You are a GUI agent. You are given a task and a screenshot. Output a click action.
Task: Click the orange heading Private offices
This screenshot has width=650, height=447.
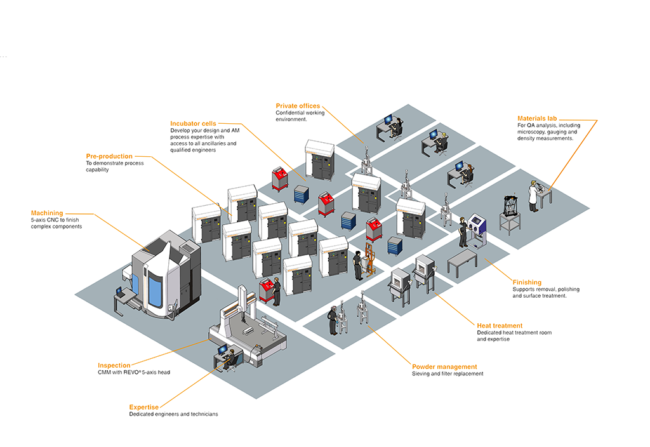298,106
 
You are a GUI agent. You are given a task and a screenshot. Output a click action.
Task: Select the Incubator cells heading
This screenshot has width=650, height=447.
193,124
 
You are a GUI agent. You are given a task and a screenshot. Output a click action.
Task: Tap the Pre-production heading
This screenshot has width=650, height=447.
109,156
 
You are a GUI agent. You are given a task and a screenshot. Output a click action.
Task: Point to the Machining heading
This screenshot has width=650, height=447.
47,213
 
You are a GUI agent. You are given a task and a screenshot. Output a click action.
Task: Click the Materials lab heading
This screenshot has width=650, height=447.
537,119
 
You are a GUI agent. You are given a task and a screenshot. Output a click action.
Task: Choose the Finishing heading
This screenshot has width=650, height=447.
527,283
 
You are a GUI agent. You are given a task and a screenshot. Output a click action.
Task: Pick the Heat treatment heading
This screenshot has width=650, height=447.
500,326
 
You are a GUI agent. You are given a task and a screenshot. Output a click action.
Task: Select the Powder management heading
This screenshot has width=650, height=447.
444,367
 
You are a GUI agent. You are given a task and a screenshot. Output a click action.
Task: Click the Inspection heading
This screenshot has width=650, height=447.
114,366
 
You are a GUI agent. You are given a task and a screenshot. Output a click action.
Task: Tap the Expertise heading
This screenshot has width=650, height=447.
143,407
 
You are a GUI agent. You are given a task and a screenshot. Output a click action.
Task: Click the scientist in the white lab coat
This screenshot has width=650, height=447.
534,196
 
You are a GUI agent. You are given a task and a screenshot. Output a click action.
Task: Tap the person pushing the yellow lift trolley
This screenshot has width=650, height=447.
358,264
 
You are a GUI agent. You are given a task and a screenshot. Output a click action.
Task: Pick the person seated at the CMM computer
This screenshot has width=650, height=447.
232,361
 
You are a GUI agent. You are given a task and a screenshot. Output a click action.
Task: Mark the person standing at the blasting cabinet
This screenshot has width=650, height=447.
464,230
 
